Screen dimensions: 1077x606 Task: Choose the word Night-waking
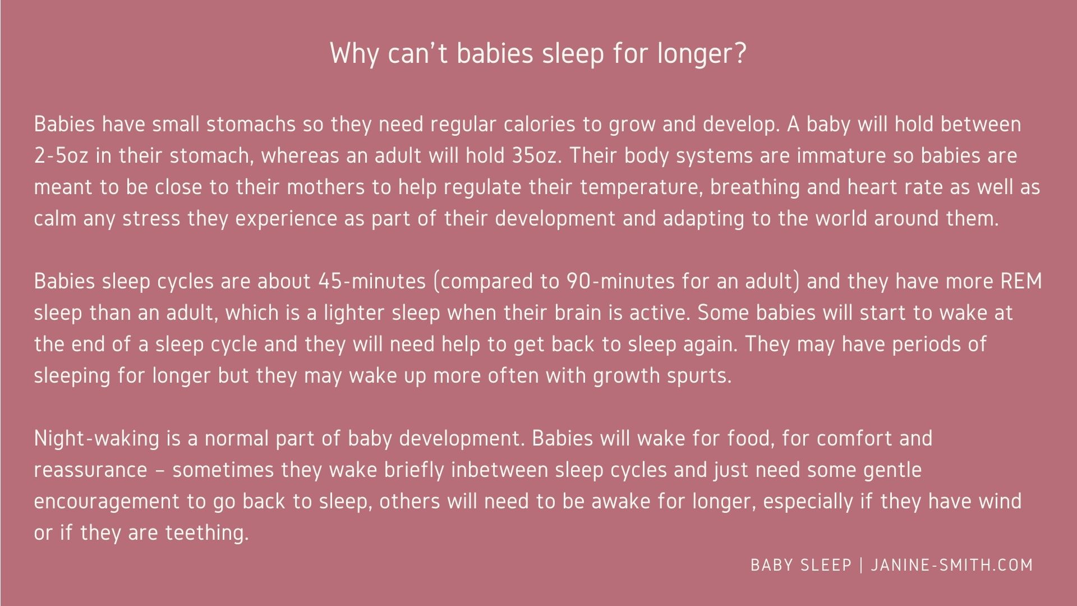97,438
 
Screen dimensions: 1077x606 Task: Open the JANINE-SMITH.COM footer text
952,565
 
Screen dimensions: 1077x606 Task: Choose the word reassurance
90,470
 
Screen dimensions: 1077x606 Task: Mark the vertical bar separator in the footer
862,565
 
